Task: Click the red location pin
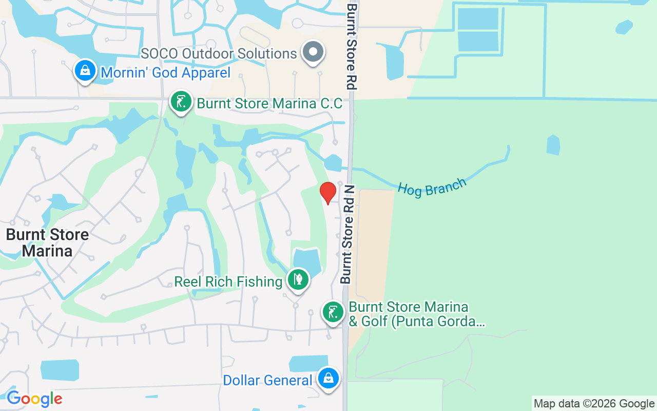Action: tap(327, 193)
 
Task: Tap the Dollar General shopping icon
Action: tap(328, 379)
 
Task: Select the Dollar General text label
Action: tap(267, 381)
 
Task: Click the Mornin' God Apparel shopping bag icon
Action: tap(85, 70)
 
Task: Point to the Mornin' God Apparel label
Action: tap(166, 72)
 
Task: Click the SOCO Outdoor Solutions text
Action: tap(219, 53)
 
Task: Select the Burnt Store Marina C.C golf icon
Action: tap(181, 102)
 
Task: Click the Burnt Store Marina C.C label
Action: tap(269, 103)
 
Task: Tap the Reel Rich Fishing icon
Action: tap(298, 279)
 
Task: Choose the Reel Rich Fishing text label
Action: tap(228, 282)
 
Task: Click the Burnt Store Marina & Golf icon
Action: tap(333, 311)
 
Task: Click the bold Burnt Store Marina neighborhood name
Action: tap(47, 242)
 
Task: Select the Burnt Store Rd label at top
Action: tap(352, 46)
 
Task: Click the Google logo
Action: tap(34, 399)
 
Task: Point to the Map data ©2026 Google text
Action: tap(594, 404)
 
